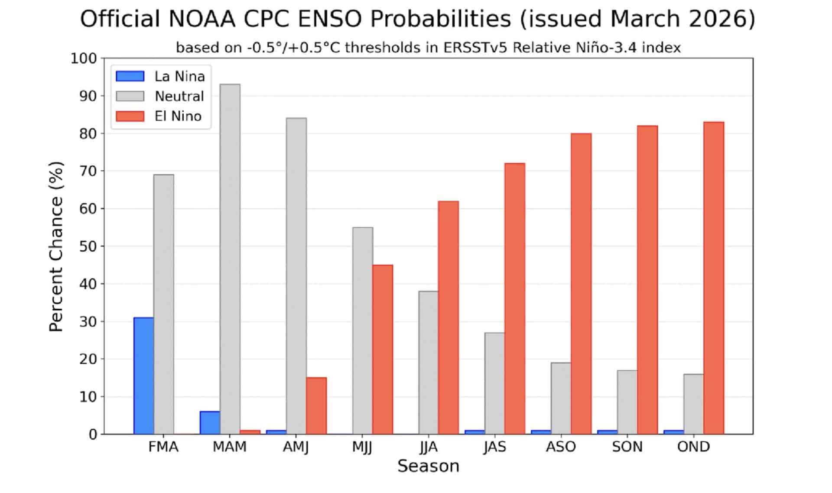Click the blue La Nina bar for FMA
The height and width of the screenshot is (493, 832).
coord(143,375)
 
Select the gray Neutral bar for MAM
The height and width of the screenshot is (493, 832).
coord(230,259)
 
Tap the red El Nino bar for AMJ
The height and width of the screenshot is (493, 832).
coord(316,405)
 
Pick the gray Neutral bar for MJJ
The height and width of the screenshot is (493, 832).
coord(363,330)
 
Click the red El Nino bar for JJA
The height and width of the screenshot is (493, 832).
coord(448,317)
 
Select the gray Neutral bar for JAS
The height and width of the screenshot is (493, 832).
coord(495,383)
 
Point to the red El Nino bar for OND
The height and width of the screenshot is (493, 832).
coord(714,278)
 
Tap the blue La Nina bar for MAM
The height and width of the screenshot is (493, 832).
coord(210,422)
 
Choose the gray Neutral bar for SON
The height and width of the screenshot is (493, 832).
coord(627,402)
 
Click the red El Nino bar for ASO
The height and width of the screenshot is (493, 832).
coord(581,284)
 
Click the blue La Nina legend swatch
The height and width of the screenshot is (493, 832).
coord(130,76)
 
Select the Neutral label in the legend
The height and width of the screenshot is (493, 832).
coord(179,96)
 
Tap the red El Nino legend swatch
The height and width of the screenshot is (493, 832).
coord(130,116)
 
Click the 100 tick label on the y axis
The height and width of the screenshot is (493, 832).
coord(84,59)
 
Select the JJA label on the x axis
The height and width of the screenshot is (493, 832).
coord(428,447)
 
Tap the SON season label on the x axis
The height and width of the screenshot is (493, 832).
coord(627,447)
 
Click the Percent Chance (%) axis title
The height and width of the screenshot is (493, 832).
coord(56,246)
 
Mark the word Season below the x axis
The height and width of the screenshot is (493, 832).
coord(428,466)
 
